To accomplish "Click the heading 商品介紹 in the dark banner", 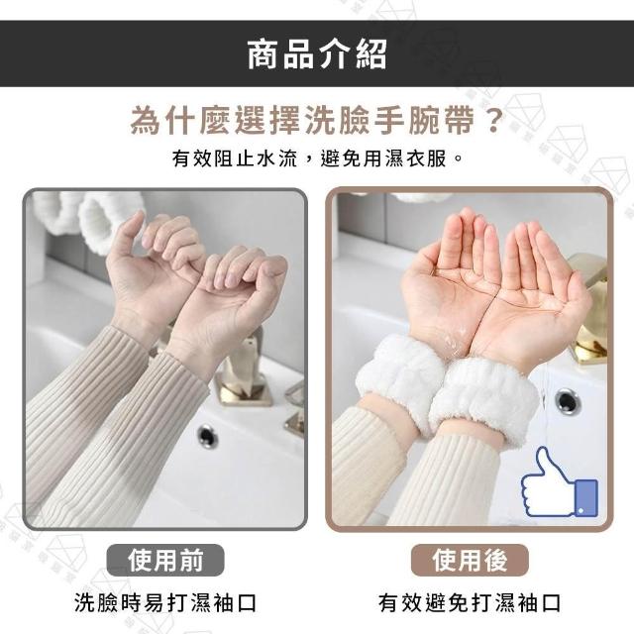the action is coord(317,54).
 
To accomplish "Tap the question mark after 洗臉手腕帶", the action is coord(492,120).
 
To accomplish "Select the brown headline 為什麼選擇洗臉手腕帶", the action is coord(302,120).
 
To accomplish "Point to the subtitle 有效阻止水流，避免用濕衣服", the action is coord(317,158).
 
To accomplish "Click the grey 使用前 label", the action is coord(165,560).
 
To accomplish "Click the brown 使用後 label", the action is coord(470,560).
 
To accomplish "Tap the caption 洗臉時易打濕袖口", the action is coord(165,603).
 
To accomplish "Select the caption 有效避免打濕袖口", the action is coord(470,603).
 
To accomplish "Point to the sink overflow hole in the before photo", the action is coord(207,437).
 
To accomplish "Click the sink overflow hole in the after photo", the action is coord(567,401).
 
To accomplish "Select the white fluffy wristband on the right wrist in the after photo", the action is coord(484,401).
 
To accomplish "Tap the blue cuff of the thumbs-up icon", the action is coord(585,498).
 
